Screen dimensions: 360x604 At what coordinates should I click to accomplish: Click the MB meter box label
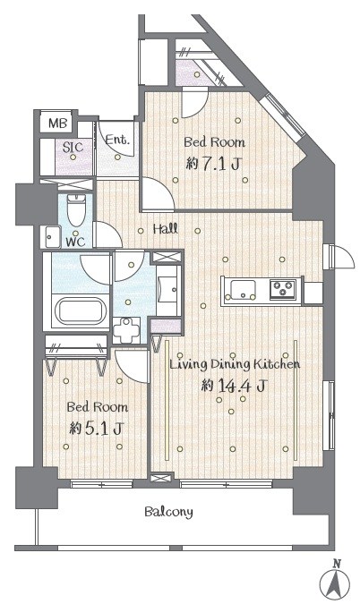[x=58, y=123]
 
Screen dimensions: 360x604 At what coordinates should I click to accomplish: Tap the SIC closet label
[x=73, y=147]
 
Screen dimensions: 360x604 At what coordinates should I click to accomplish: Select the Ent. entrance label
[x=116, y=140]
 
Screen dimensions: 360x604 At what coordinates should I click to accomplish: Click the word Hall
[x=166, y=229]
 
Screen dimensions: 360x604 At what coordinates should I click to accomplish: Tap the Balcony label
[x=168, y=512]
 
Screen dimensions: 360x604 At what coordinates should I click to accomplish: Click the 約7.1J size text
[x=213, y=165]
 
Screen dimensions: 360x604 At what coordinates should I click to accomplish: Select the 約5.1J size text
[x=96, y=429]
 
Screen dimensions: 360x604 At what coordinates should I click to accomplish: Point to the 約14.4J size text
[x=234, y=385]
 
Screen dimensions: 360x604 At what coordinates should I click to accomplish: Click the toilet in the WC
[x=76, y=210]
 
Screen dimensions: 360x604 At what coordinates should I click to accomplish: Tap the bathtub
[x=81, y=311]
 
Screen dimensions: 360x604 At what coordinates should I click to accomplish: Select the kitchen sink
[x=243, y=291]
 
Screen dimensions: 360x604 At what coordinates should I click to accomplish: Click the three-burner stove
[x=283, y=289]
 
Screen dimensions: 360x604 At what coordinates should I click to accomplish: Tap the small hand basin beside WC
[x=50, y=237]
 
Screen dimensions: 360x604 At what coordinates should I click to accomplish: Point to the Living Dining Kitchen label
[x=235, y=364]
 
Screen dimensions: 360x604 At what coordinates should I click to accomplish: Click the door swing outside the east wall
[x=342, y=256]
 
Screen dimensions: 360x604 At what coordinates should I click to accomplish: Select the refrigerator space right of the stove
[x=313, y=293]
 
